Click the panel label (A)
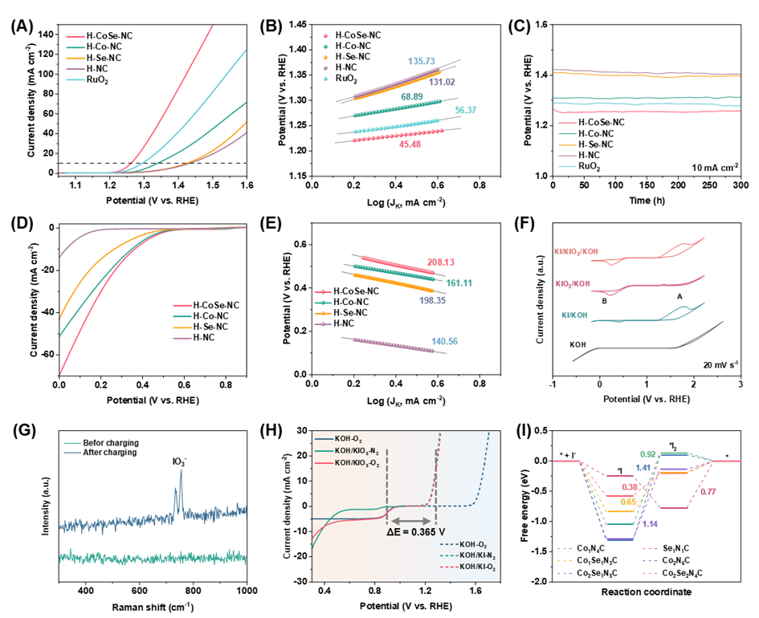[22, 27]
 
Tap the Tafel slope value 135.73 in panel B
[421, 62]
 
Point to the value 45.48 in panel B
[410, 144]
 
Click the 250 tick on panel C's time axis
[709, 185]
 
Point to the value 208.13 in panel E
[441, 262]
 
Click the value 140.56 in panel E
[444, 341]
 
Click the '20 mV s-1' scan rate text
[720, 364]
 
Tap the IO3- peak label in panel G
[180, 461]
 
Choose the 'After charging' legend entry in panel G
[110, 453]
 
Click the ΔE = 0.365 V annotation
[416, 532]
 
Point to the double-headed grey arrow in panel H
[411, 521]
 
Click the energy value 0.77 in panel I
[708, 492]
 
